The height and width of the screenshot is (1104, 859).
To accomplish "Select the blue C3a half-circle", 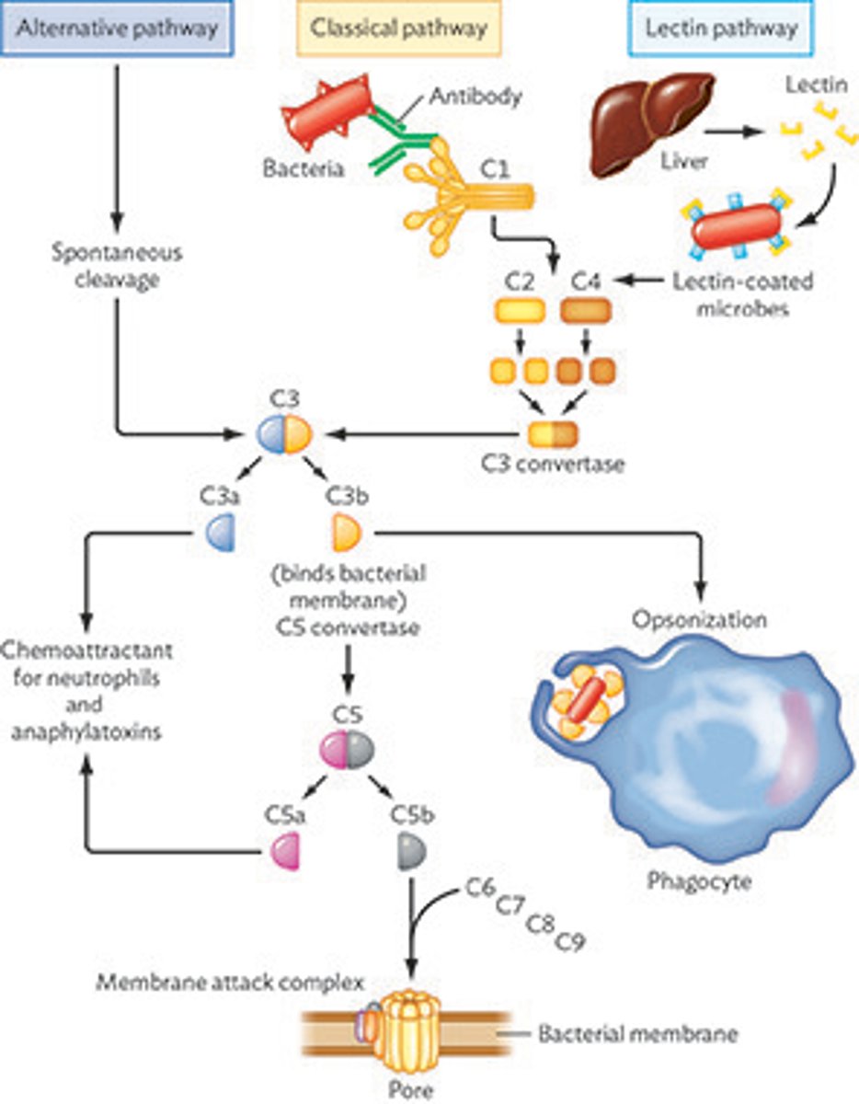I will coord(221,533).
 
